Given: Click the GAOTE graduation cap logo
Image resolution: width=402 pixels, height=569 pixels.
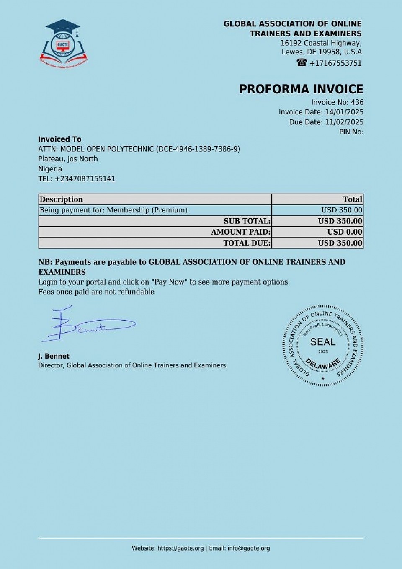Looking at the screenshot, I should tap(63, 43).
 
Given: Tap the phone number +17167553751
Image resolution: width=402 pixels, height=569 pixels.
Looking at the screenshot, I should tap(335, 63).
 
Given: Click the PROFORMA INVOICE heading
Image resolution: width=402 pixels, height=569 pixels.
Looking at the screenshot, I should tap(301, 89).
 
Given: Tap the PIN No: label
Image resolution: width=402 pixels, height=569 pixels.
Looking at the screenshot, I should tap(351, 132).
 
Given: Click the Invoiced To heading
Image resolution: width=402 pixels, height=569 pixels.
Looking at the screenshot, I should tap(60, 139).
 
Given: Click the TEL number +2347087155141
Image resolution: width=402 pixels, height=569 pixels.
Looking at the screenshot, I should tap(85, 179).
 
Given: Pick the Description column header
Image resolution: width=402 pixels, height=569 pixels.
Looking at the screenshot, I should tap(61, 199).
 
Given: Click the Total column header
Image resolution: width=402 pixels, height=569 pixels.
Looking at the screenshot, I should tap(352, 199).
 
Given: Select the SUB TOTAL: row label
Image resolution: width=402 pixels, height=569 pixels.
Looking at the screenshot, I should tap(247, 221).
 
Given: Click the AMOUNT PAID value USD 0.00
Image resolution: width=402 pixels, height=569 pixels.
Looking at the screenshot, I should tap(345, 232).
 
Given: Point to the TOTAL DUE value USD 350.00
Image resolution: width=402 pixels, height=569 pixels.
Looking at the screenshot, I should tap(340, 243).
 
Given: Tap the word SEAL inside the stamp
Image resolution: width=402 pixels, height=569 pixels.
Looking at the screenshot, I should tap(322, 342).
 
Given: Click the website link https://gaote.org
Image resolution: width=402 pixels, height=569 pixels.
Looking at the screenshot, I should tap(180, 548).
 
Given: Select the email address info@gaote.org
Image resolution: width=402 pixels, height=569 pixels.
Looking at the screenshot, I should tap(249, 548).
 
